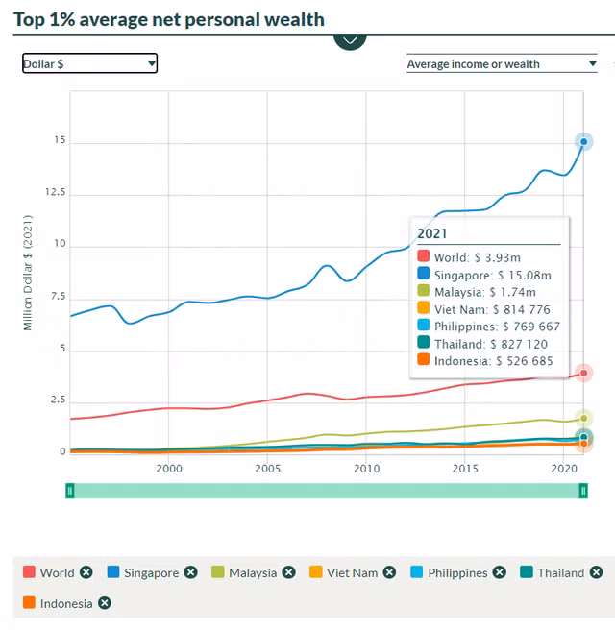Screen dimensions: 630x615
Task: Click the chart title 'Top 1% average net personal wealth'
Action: pyautogui.click(x=169, y=19)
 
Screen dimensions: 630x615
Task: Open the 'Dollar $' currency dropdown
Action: pyautogui.click(x=89, y=63)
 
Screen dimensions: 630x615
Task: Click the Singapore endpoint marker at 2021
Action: pyautogui.click(x=583, y=142)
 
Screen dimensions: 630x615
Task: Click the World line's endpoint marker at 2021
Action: pyautogui.click(x=583, y=373)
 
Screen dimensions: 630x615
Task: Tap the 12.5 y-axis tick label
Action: pyautogui.click(x=54, y=193)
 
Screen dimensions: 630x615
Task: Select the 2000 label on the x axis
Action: pyautogui.click(x=169, y=469)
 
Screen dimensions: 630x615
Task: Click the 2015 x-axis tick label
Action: pyautogui.click(x=465, y=469)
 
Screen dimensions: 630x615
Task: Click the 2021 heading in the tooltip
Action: pyautogui.click(x=432, y=233)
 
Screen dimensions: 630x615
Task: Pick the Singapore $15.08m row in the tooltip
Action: pyautogui.click(x=485, y=275)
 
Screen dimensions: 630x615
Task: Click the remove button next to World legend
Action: pyautogui.click(x=86, y=572)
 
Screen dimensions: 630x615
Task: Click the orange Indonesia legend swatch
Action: pyautogui.click(x=29, y=603)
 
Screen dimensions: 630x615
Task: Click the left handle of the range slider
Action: pyautogui.click(x=70, y=491)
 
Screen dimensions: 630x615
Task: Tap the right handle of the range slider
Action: pyautogui.click(x=582, y=491)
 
